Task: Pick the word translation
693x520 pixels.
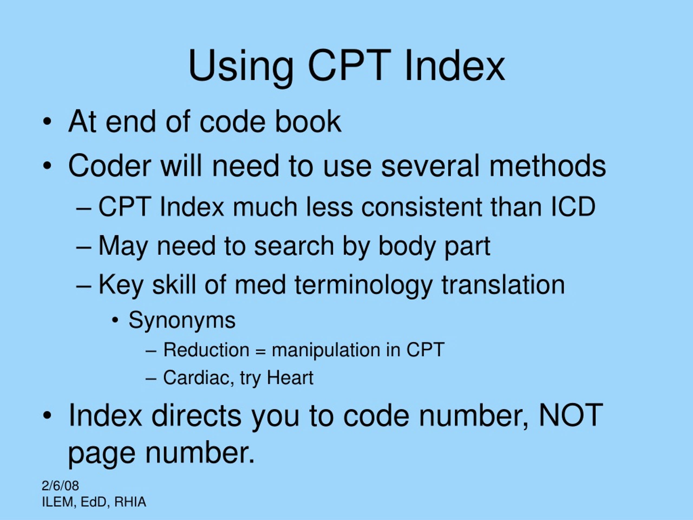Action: point(503,285)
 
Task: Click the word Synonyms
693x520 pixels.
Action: point(182,320)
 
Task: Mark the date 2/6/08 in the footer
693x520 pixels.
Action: point(60,486)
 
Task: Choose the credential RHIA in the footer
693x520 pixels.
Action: point(130,502)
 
